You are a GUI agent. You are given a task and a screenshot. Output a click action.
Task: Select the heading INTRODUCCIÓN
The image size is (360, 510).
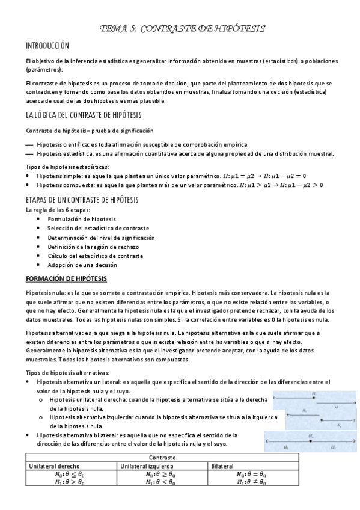(x=47, y=46)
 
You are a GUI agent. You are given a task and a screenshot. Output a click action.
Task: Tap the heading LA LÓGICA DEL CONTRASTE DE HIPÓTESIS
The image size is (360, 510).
(x=84, y=115)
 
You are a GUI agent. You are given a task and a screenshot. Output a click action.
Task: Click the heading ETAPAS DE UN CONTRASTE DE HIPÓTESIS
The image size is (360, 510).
(x=82, y=200)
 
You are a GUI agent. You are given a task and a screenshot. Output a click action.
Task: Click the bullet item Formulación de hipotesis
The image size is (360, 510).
(x=82, y=219)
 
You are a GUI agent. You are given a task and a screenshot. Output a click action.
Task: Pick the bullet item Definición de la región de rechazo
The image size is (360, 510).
(x=93, y=247)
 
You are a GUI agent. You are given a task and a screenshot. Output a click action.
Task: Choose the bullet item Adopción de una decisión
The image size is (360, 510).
(x=82, y=265)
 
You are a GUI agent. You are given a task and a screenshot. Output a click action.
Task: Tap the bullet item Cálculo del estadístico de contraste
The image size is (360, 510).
(x=95, y=256)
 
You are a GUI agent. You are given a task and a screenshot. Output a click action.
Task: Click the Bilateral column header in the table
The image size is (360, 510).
(x=222, y=465)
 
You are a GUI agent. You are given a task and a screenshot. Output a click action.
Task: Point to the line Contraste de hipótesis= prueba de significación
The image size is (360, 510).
(x=81, y=131)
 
